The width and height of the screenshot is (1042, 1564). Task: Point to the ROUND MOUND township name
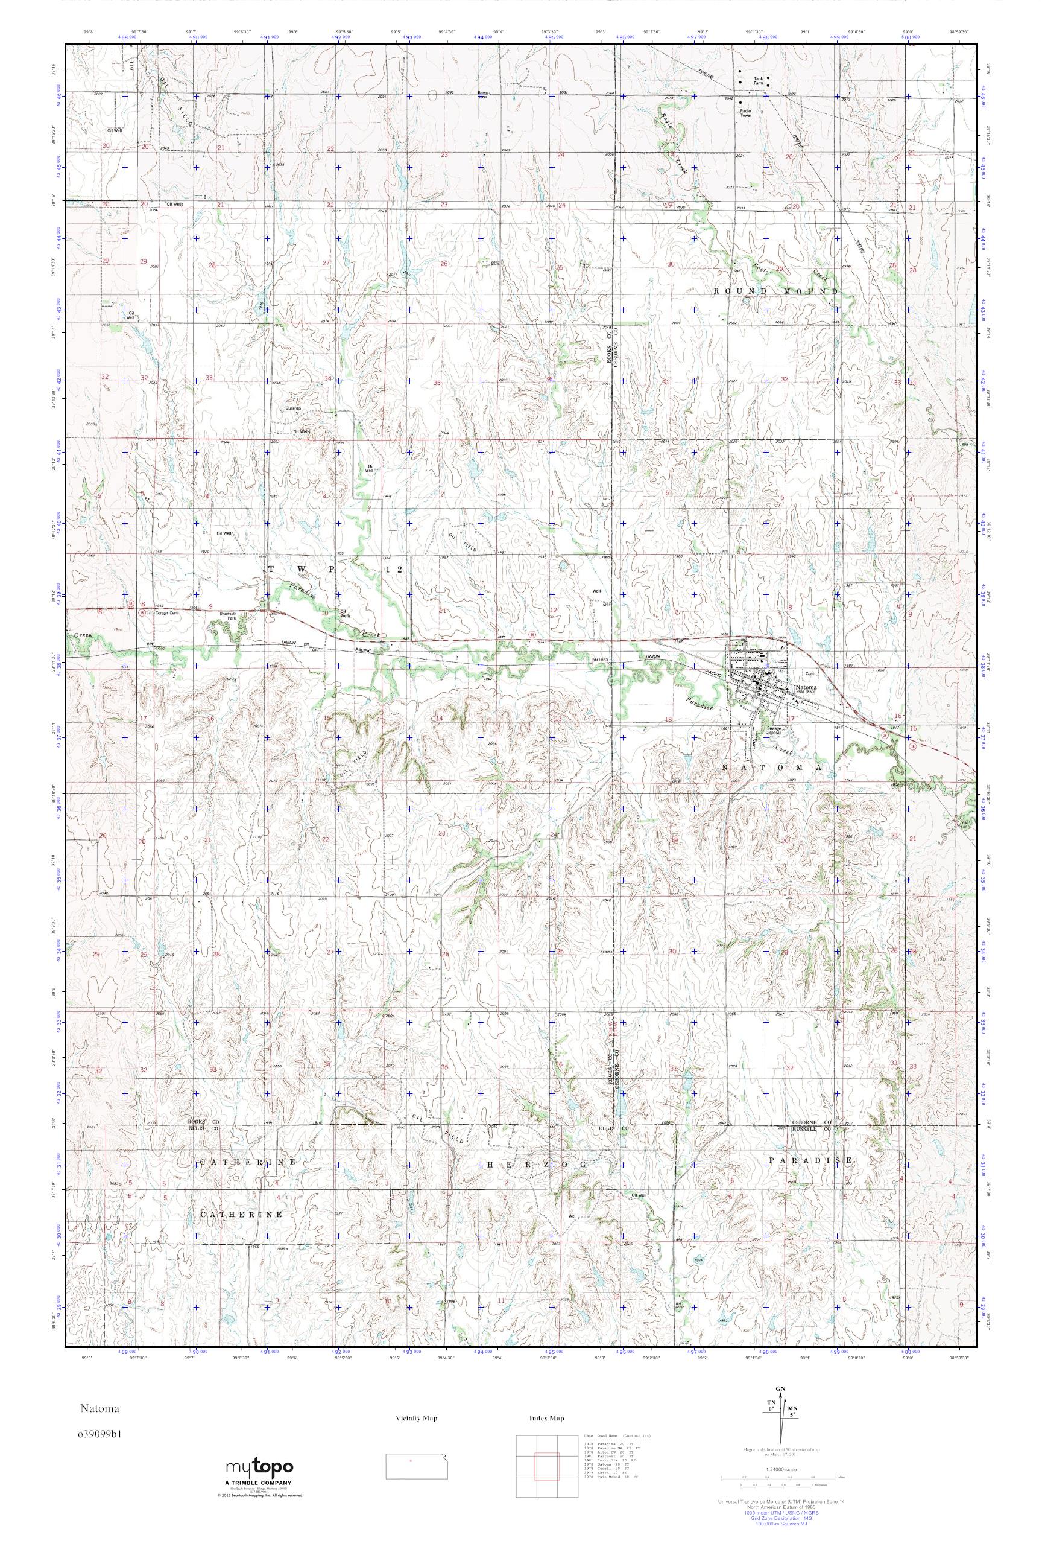pyautogui.click(x=775, y=291)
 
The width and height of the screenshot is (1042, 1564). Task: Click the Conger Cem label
pyautogui.click(x=163, y=613)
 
